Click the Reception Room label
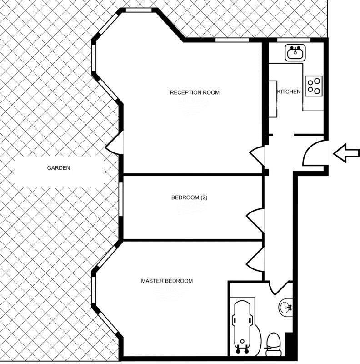195,92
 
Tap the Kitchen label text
289,91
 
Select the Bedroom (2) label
189,197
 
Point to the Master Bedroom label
166,281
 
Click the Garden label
59,168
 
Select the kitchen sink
295,53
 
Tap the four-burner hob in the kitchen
314,86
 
